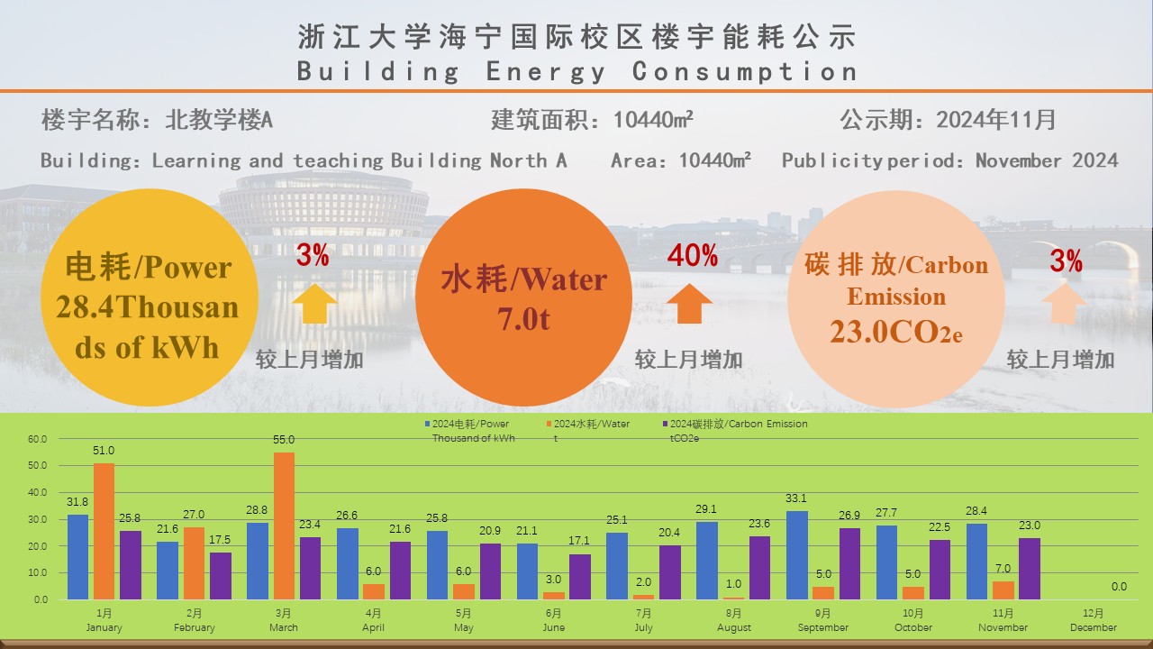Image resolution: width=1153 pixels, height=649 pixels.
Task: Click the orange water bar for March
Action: [x=284, y=526]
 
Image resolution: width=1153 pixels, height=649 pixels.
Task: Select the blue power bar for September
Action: [x=797, y=555]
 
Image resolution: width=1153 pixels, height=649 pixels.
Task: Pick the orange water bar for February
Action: [x=194, y=563]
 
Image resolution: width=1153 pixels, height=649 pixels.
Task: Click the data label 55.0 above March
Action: [x=284, y=440]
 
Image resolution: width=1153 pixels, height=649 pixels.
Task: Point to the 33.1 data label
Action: [x=797, y=498]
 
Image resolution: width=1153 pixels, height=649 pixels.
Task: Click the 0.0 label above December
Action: [x=1119, y=587]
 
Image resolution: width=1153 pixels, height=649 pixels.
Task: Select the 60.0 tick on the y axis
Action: [x=37, y=440]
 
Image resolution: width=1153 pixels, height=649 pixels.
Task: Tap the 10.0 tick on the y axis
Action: [x=37, y=573]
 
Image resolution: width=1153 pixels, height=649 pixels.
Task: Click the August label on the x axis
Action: [x=734, y=627]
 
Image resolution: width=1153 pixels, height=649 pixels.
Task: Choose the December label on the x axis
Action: [x=1093, y=627]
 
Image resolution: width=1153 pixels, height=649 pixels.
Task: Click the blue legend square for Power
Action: [x=427, y=424]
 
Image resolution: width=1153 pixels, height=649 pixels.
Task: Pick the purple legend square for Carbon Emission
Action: [x=665, y=424]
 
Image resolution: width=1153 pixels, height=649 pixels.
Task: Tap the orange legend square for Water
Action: [x=549, y=424]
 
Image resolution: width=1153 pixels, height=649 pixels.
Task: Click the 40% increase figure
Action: [x=692, y=256]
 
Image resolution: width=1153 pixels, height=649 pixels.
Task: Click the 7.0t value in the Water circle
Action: [x=523, y=319]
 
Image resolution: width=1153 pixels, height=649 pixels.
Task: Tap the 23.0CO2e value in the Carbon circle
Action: [x=896, y=332]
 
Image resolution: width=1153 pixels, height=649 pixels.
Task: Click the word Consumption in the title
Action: [x=744, y=71]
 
